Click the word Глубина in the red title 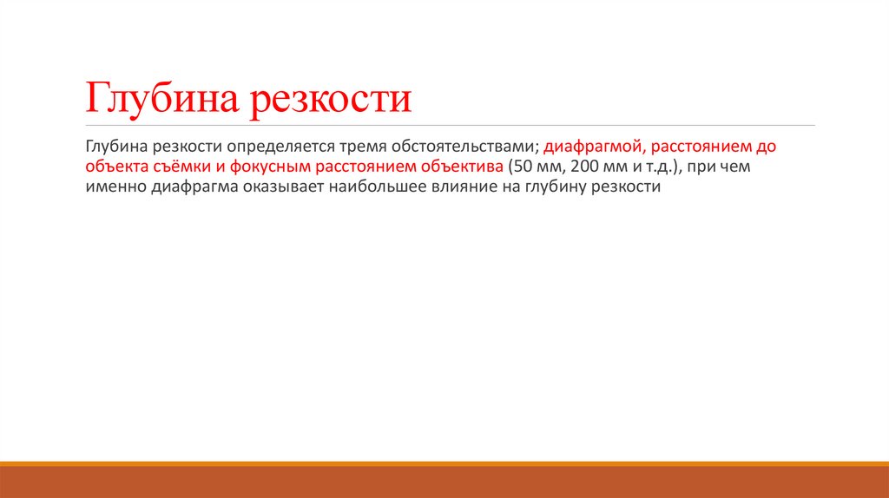pos(161,97)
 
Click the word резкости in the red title pos(332,97)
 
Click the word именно pos(113,187)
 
